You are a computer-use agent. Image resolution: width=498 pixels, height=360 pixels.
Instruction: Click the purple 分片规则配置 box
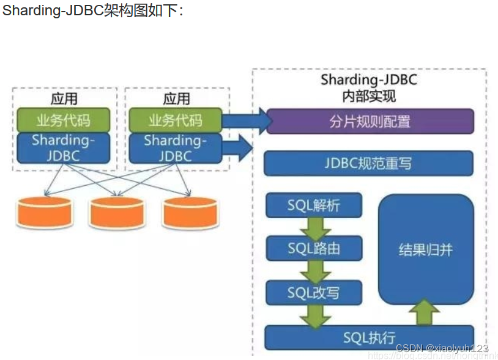pyautogui.click(x=370, y=121)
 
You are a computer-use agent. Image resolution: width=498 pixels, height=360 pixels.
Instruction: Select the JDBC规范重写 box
pyautogui.click(x=368, y=163)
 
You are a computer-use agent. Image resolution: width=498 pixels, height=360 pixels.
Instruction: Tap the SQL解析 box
pyautogui.click(x=314, y=205)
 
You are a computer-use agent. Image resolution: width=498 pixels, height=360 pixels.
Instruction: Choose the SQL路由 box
pyautogui.click(x=314, y=248)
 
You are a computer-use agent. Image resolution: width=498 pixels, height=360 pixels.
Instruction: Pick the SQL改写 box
pyautogui.click(x=314, y=292)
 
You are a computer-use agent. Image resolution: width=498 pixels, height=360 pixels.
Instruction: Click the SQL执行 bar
pyautogui.click(x=368, y=337)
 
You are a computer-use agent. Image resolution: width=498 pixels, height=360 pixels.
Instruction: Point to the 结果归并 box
pyautogui.click(x=426, y=249)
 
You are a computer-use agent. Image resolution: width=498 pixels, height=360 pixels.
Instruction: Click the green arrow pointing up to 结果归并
pyautogui.click(x=424, y=314)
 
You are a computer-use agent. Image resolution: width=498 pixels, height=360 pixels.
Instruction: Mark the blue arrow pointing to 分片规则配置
pyautogui.click(x=245, y=120)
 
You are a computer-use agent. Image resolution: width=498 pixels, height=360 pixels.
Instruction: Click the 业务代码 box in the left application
pyautogui.click(x=64, y=119)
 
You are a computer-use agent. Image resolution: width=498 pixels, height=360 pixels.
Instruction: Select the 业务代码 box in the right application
pyautogui.click(x=175, y=120)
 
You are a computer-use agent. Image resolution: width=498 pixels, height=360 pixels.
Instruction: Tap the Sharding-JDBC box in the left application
pyautogui.click(x=64, y=147)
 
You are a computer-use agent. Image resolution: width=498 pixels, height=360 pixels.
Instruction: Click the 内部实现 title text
pyautogui.click(x=369, y=96)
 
